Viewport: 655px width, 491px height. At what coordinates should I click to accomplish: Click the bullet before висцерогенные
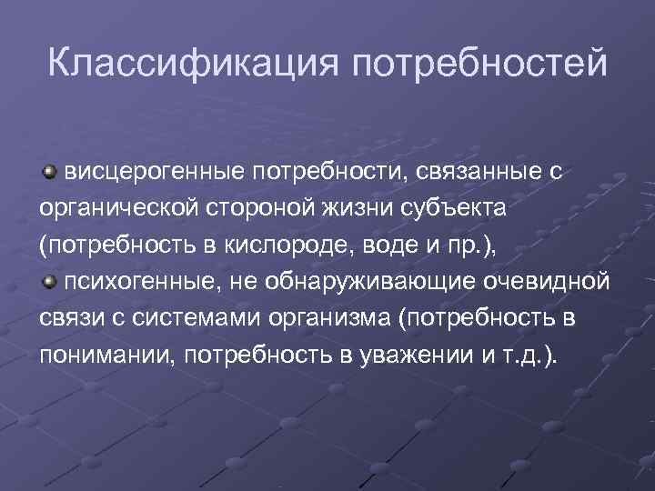[49, 170]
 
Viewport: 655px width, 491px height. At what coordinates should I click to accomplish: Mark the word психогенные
[135, 282]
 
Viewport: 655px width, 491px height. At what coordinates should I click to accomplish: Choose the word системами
[174, 318]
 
